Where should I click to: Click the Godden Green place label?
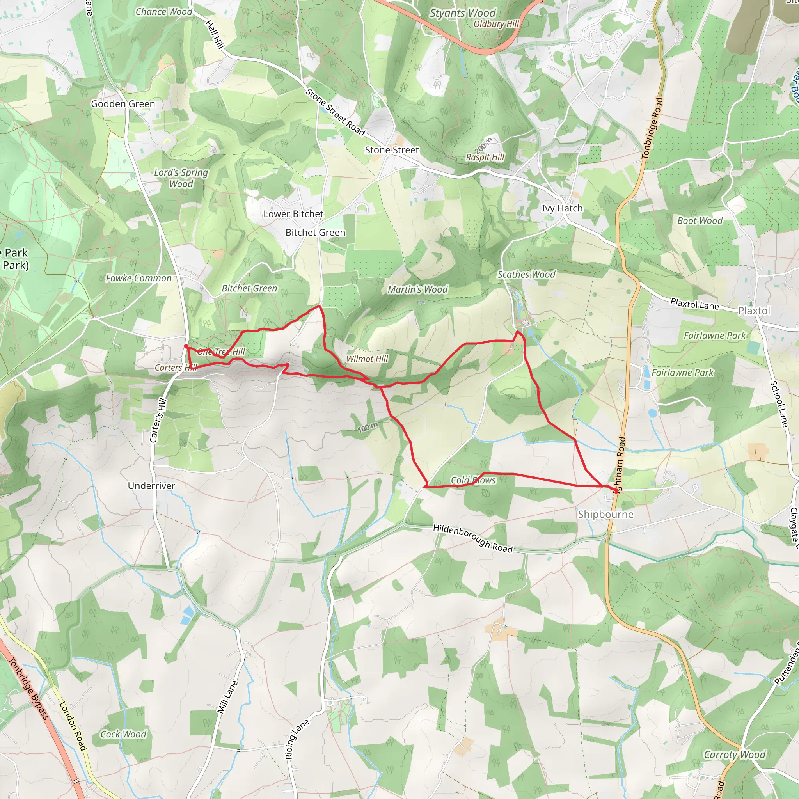tap(123, 104)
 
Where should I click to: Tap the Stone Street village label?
tap(392, 150)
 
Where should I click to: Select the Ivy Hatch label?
tap(562, 208)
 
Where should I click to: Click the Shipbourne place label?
tap(605, 514)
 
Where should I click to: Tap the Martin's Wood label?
tap(417, 289)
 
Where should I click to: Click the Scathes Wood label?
tap(526, 274)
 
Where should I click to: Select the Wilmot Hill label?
tap(367, 359)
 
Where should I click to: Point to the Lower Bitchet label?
tap(293, 214)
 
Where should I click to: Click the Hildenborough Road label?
tap(473, 538)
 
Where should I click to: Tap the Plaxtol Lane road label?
tap(694, 304)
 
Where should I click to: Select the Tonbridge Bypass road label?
tap(28, 688)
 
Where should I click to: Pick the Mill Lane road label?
tap(228, 697)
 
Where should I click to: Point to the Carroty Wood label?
tap(735, 755)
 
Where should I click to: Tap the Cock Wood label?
tap(123, 734)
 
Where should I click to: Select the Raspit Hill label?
tap(485, 157)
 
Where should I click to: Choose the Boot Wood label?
tap(700, 220)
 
